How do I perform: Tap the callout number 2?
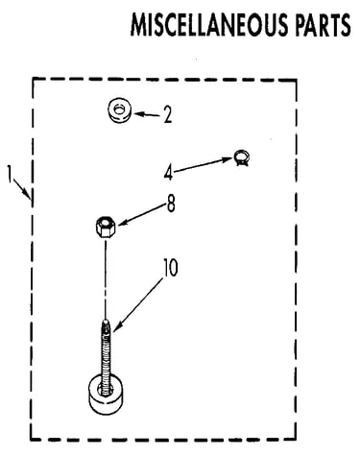167,114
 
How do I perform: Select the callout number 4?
168,173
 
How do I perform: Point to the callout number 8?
171,204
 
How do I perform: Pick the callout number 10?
171,268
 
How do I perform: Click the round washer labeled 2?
120,109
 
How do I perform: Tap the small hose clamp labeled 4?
242,157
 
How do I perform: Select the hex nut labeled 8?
106,227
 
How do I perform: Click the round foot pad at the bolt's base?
105,394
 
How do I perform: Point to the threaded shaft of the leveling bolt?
106,353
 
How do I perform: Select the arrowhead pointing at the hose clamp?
228,159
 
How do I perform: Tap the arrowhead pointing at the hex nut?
122,223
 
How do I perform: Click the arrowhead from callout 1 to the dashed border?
28,194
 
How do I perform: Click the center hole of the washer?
119,109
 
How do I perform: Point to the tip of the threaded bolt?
106,320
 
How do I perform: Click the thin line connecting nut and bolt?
106,277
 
